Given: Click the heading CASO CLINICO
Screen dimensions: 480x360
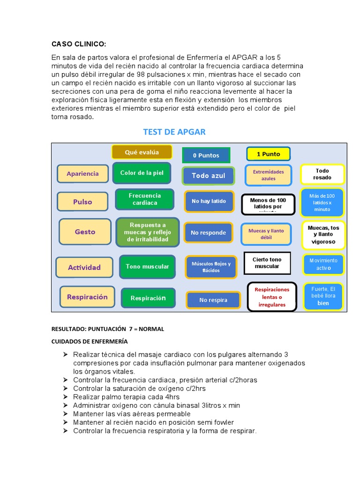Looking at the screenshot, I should tap(79, 44).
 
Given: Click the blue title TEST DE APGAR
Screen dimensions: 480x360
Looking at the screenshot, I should tap(174, 132).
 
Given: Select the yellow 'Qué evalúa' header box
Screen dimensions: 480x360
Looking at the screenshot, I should tap(142, 152).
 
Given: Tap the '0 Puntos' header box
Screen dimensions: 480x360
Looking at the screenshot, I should tap(206, 155).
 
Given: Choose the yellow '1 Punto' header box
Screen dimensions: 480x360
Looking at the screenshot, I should tap(268, 154).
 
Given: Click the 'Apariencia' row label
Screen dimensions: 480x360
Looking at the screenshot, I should tap(82, 173).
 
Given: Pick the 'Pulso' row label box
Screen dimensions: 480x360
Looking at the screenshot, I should tap(82, 202).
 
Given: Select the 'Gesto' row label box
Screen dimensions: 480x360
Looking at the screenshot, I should tap(85, 232).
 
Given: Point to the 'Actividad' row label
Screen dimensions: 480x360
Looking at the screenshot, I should tap(84, 267).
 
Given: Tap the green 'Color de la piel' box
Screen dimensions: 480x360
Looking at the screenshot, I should tap(142, 173).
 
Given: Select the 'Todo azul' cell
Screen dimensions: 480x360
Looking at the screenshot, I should tap(208, 176).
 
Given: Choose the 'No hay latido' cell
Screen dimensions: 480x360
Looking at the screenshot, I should tap(209, 201).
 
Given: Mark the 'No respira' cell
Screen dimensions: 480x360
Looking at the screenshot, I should tap(213, 300).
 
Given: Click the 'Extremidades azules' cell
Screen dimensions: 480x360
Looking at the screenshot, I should tap(268, 175).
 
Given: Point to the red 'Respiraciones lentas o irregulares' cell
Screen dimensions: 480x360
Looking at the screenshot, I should tap(272, 297).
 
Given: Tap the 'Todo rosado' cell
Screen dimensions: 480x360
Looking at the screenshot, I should tap(322, 174).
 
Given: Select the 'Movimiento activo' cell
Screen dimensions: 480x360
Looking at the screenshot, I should tap(323, 264).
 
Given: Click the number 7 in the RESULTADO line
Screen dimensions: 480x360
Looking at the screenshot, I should tap(131, 329).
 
